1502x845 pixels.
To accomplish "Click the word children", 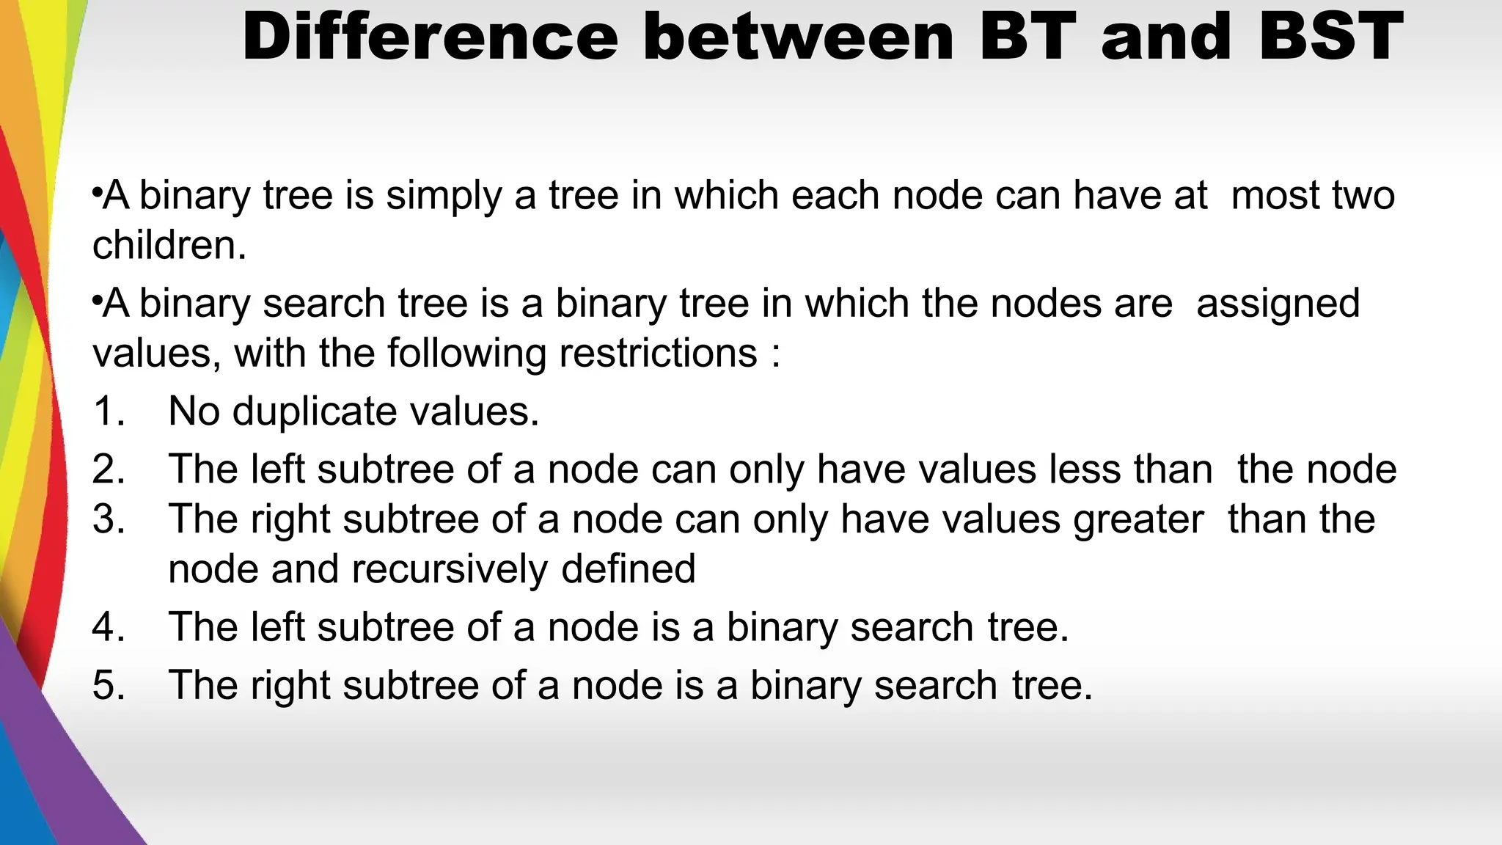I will (169, 245).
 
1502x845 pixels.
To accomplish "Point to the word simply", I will (444, 197).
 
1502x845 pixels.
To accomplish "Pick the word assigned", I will (1278, 304).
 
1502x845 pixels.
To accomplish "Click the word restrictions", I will (658, 353).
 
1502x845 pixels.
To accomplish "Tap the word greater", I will (1138, 519).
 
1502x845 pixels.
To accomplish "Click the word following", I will (466, 354).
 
